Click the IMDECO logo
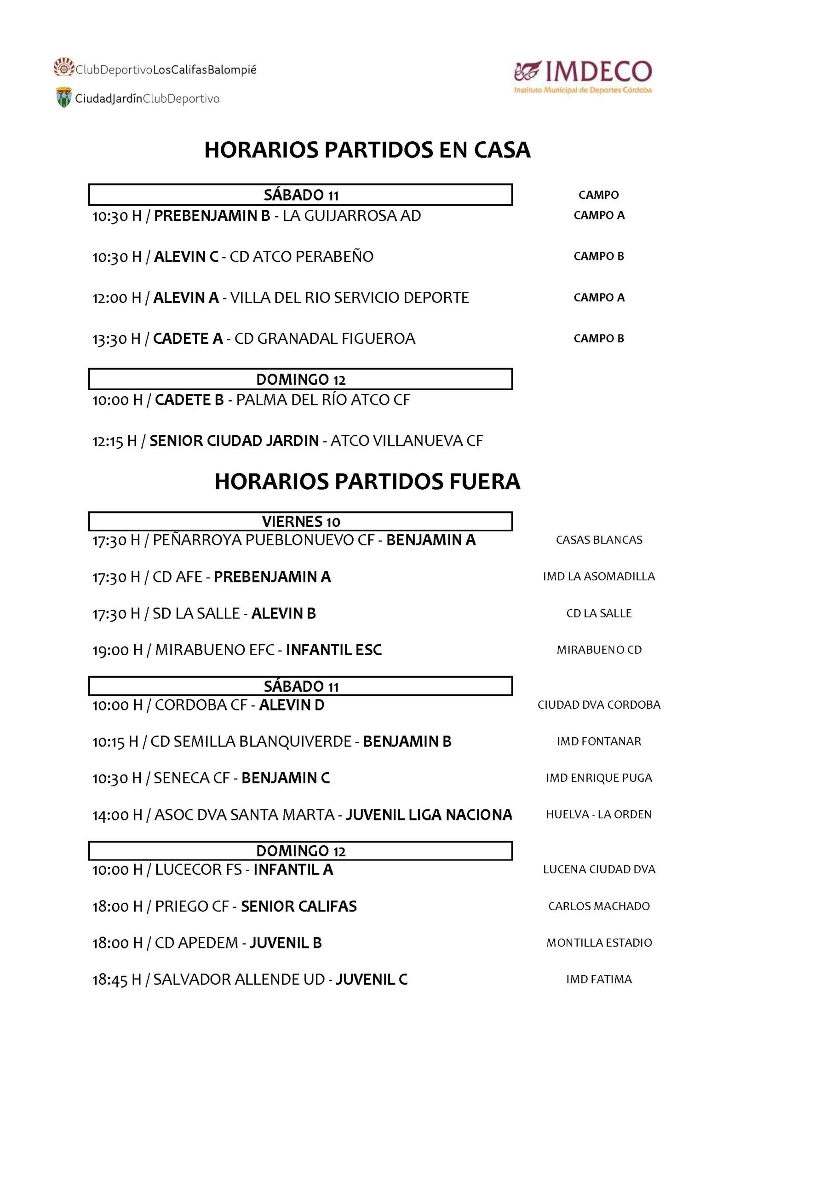click(583, 76)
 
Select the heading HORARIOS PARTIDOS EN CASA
click(367, 150)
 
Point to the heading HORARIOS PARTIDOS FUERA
click(367, 482)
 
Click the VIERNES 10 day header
click(300, 521)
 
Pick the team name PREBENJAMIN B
click(212, 216)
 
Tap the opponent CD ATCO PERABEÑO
click(301, 257)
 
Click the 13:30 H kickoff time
click(116, 339)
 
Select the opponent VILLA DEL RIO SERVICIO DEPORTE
click(350, 297)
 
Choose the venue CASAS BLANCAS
click(599, 540)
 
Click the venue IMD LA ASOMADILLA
click(599, 577)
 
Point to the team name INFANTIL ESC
click(333, 650)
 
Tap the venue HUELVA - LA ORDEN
click(599, 815)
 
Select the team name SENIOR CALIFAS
click(299, 907)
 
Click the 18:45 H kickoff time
click(117, 980)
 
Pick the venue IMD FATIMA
click(599, 980)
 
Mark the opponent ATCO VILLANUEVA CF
click(407, 441)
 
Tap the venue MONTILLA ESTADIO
click(599, 943)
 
